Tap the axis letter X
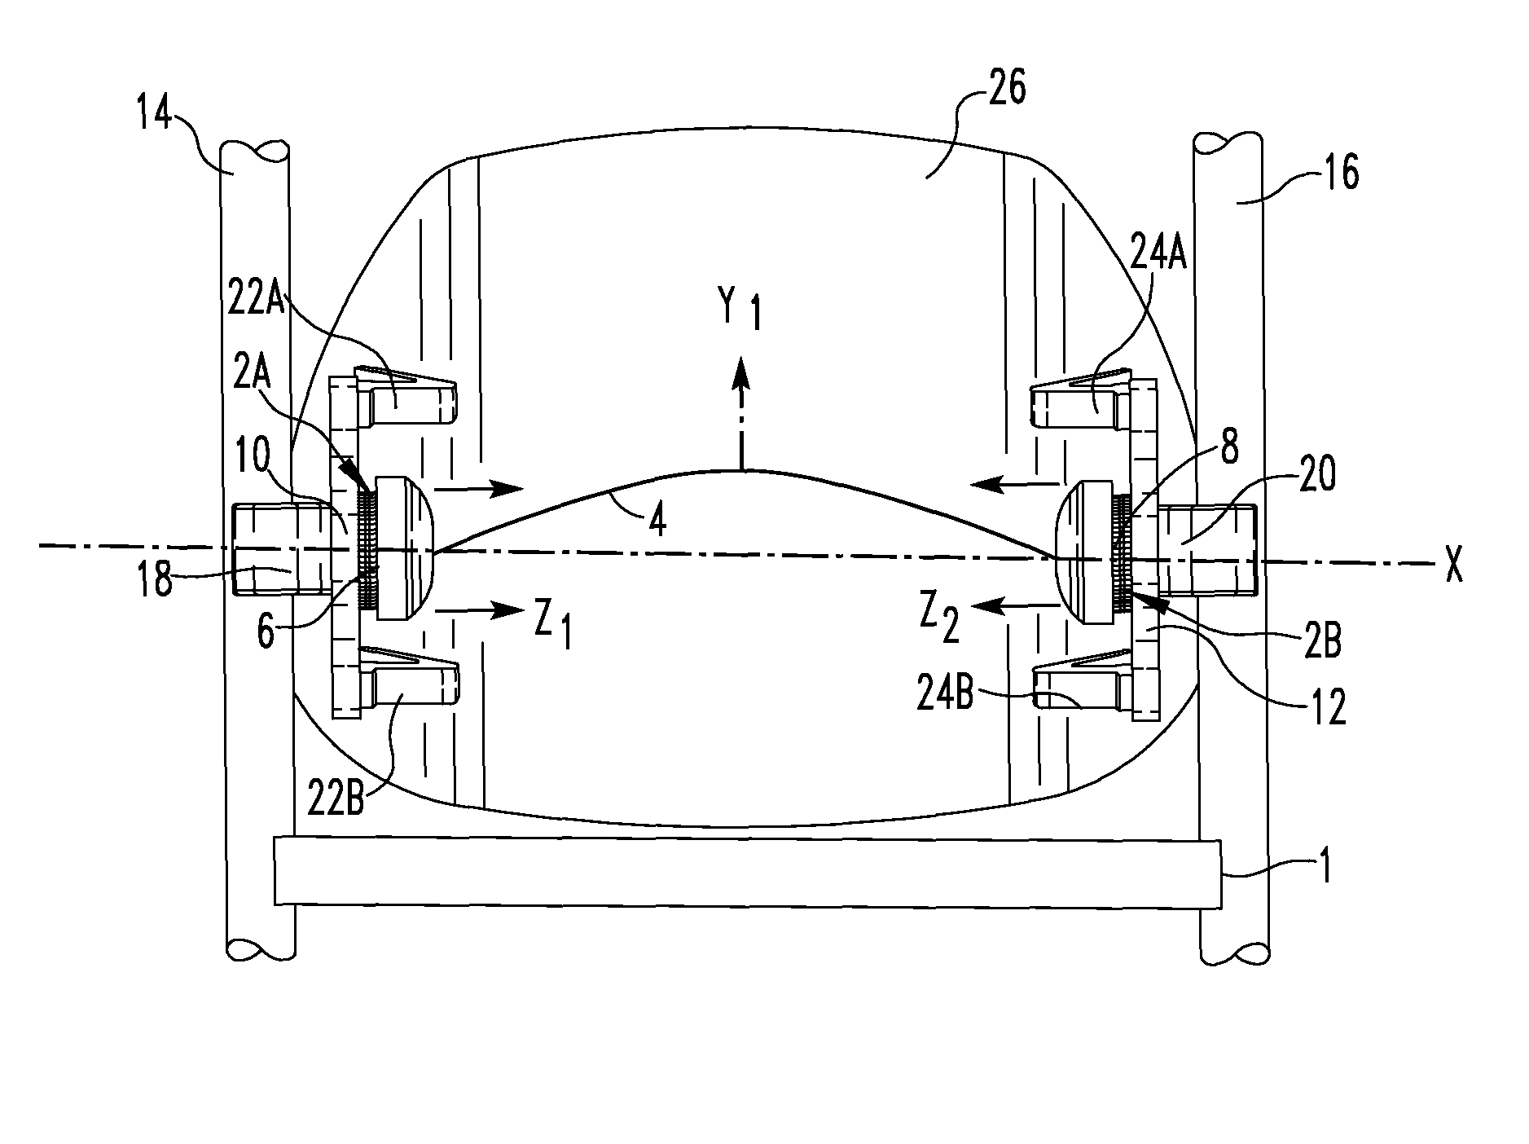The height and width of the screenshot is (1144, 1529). click(x=1452, y=565)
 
